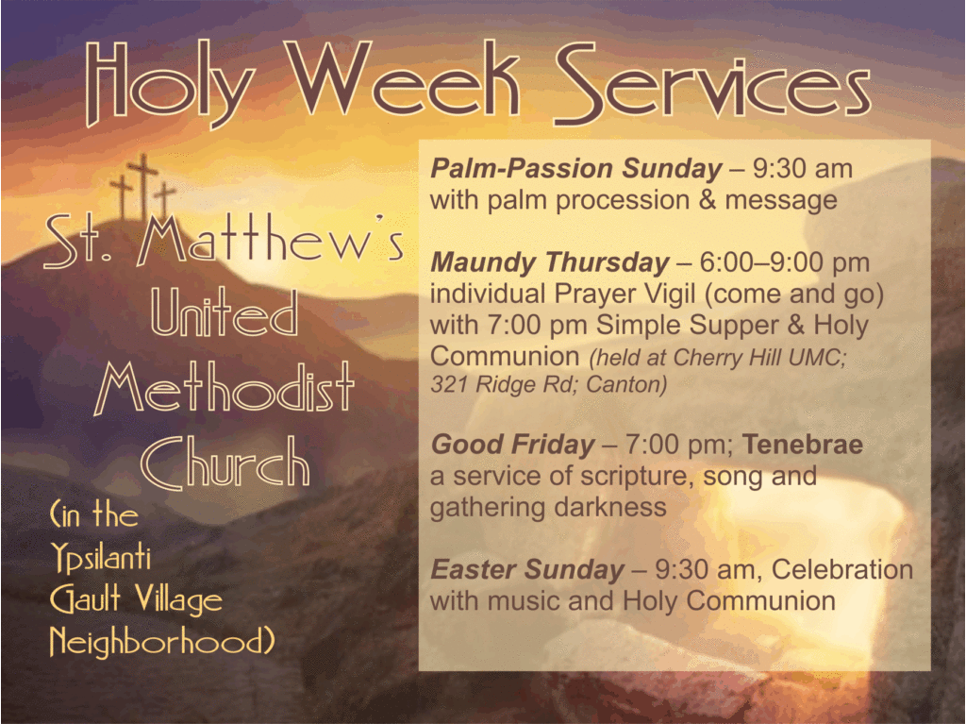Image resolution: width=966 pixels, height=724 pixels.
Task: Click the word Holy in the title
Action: pos(170,85)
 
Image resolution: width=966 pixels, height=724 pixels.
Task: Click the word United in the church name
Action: pos(225,312)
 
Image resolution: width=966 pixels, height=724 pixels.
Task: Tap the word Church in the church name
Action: pos(225,462)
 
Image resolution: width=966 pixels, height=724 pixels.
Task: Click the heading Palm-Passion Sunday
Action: pos(576,168)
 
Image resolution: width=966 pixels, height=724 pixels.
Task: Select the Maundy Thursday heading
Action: pos(550,262)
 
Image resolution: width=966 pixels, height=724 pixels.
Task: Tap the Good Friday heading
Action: pos(512,445)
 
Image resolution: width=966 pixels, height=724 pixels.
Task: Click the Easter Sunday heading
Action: pos(527,569)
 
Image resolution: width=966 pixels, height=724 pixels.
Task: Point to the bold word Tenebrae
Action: pos(802,444)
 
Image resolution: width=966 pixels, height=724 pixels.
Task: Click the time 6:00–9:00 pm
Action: pos(784,262)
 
